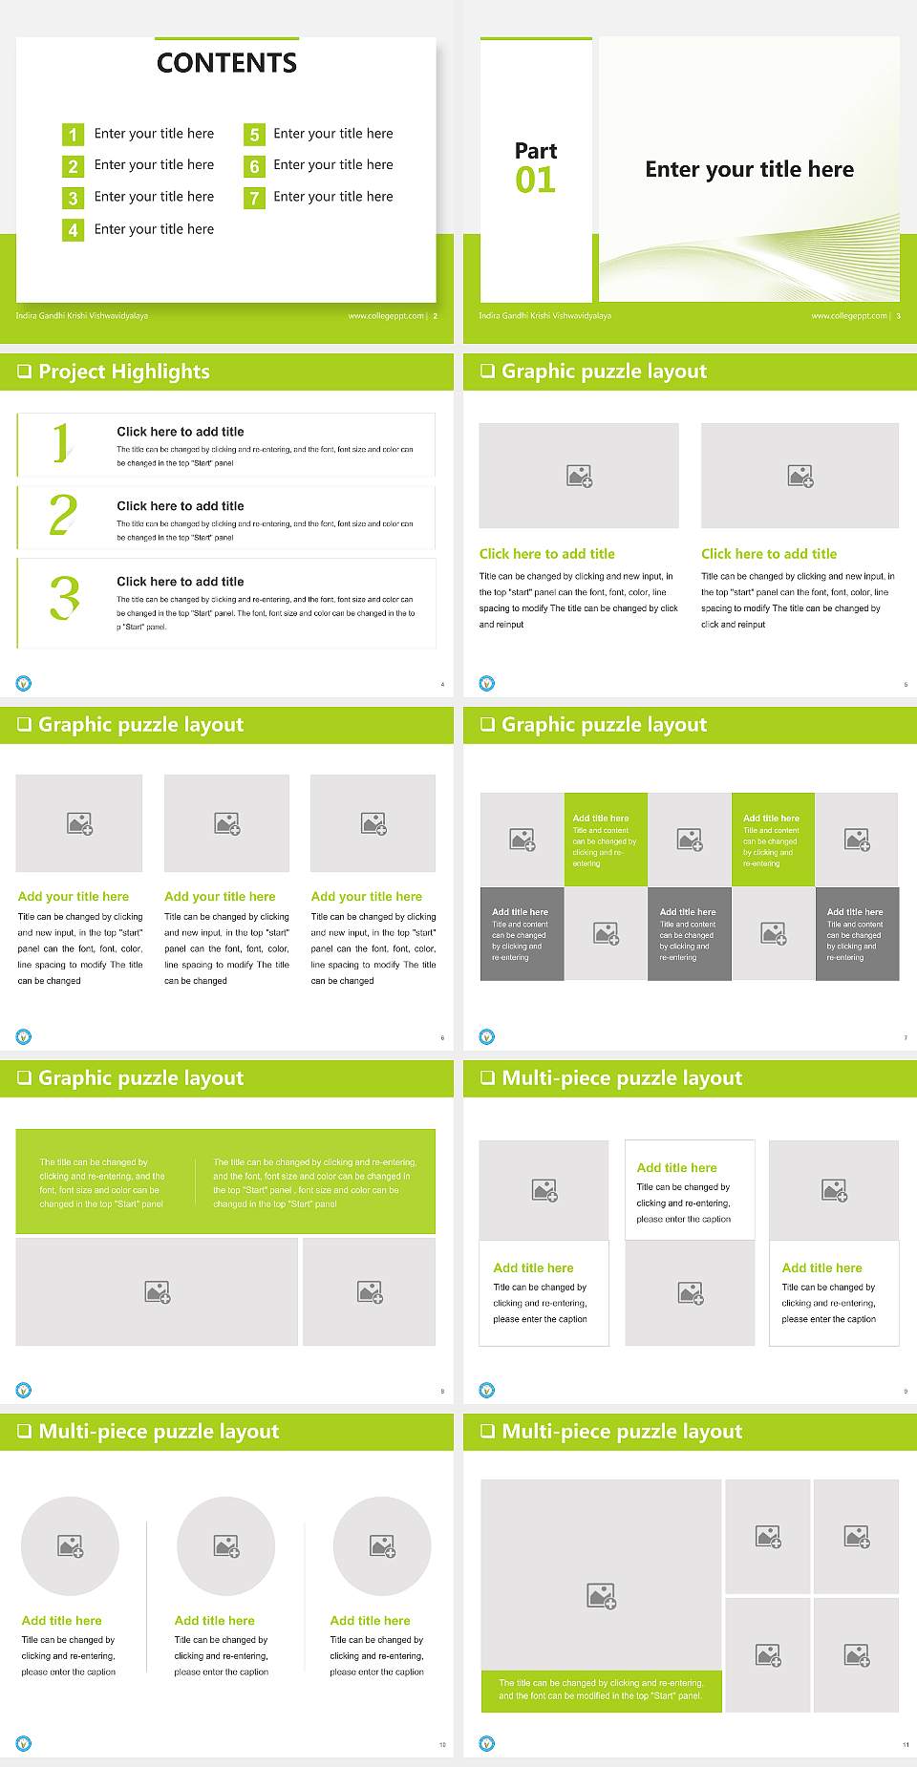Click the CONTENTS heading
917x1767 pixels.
[x=226, y=63]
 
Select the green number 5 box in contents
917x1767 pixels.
[x=254, y=135]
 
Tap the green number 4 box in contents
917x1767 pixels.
[x=73, y=230]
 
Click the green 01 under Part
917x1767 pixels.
[x=535, y=180]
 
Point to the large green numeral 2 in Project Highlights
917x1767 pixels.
[x=63, y=516]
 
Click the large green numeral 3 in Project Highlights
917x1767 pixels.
[x=64, y=598]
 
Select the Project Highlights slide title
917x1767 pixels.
[x=123, y=372]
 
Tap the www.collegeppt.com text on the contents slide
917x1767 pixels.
[x=386, y=316]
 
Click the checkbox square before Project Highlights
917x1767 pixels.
[x=24, y=372]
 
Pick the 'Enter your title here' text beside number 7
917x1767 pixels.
[x=332, y=197]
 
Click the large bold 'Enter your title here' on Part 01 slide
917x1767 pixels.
[x=749, y=170]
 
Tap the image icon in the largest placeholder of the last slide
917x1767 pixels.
[x=601, y=1595]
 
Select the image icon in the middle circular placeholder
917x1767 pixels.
[x=226, y=1545]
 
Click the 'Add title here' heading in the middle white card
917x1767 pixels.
[x=676, y=1167]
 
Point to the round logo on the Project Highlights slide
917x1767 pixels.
[x=24, y=683]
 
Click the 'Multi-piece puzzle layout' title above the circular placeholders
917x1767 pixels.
[x=159, y=1431]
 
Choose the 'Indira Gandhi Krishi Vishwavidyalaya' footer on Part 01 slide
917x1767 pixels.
[x=544, y=316]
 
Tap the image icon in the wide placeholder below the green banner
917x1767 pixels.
[x=158, y=1292]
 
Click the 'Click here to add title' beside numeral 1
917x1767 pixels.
[x=180, y=432]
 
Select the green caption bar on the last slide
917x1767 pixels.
[x=601, y=1690]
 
